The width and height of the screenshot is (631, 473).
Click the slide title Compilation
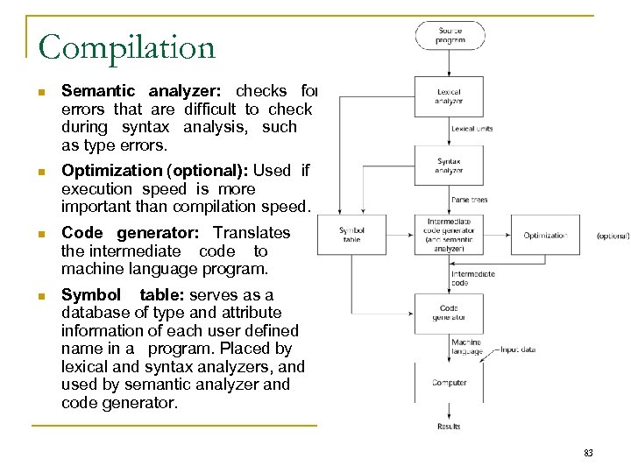click(x=127, y=47)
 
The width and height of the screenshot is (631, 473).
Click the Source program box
click(x=450, y=36)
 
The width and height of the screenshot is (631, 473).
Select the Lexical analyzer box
click(x=449, y=95)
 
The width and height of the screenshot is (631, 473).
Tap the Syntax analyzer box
click(x=449, y=166)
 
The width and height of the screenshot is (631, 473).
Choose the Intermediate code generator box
click(x=449, y=236)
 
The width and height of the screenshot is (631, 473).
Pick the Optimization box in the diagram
click(x=544, y=236)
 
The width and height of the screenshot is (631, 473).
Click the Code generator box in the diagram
click(x=449, y=313)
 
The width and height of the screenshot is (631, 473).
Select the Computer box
click(x=449, y=383)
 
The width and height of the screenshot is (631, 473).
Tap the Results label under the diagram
click(x=449, y=427)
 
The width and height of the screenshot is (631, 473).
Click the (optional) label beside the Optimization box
click(x=613, y=236)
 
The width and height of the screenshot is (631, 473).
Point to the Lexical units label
click(x=471, y=129)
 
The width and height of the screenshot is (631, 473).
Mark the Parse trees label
click(x=469, y=200)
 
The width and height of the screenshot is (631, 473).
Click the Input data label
click(x=519, y=349)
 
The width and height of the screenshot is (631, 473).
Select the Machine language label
click(x=466, y=347)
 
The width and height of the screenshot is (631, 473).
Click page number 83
click(x=588, y=453)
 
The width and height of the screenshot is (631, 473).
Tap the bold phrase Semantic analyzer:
click(x=145, y=91)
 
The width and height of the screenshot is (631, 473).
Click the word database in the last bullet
click(x=95, y=312)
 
